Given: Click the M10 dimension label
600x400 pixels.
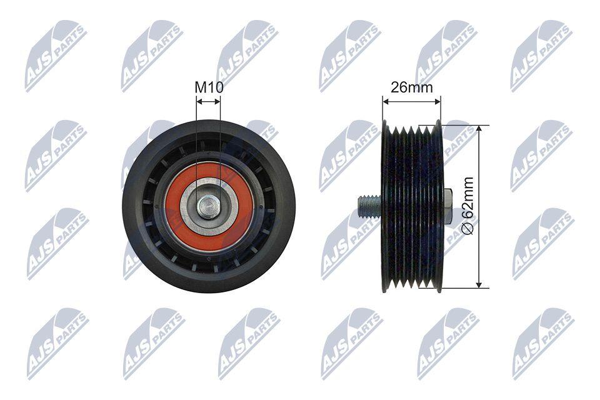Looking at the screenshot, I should click(209, 87).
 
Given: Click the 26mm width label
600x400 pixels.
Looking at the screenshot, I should click(411, 87).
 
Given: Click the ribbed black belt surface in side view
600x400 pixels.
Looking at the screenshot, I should click(412, 206).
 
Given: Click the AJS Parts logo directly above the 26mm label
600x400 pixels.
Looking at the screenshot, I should click(446, 55).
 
